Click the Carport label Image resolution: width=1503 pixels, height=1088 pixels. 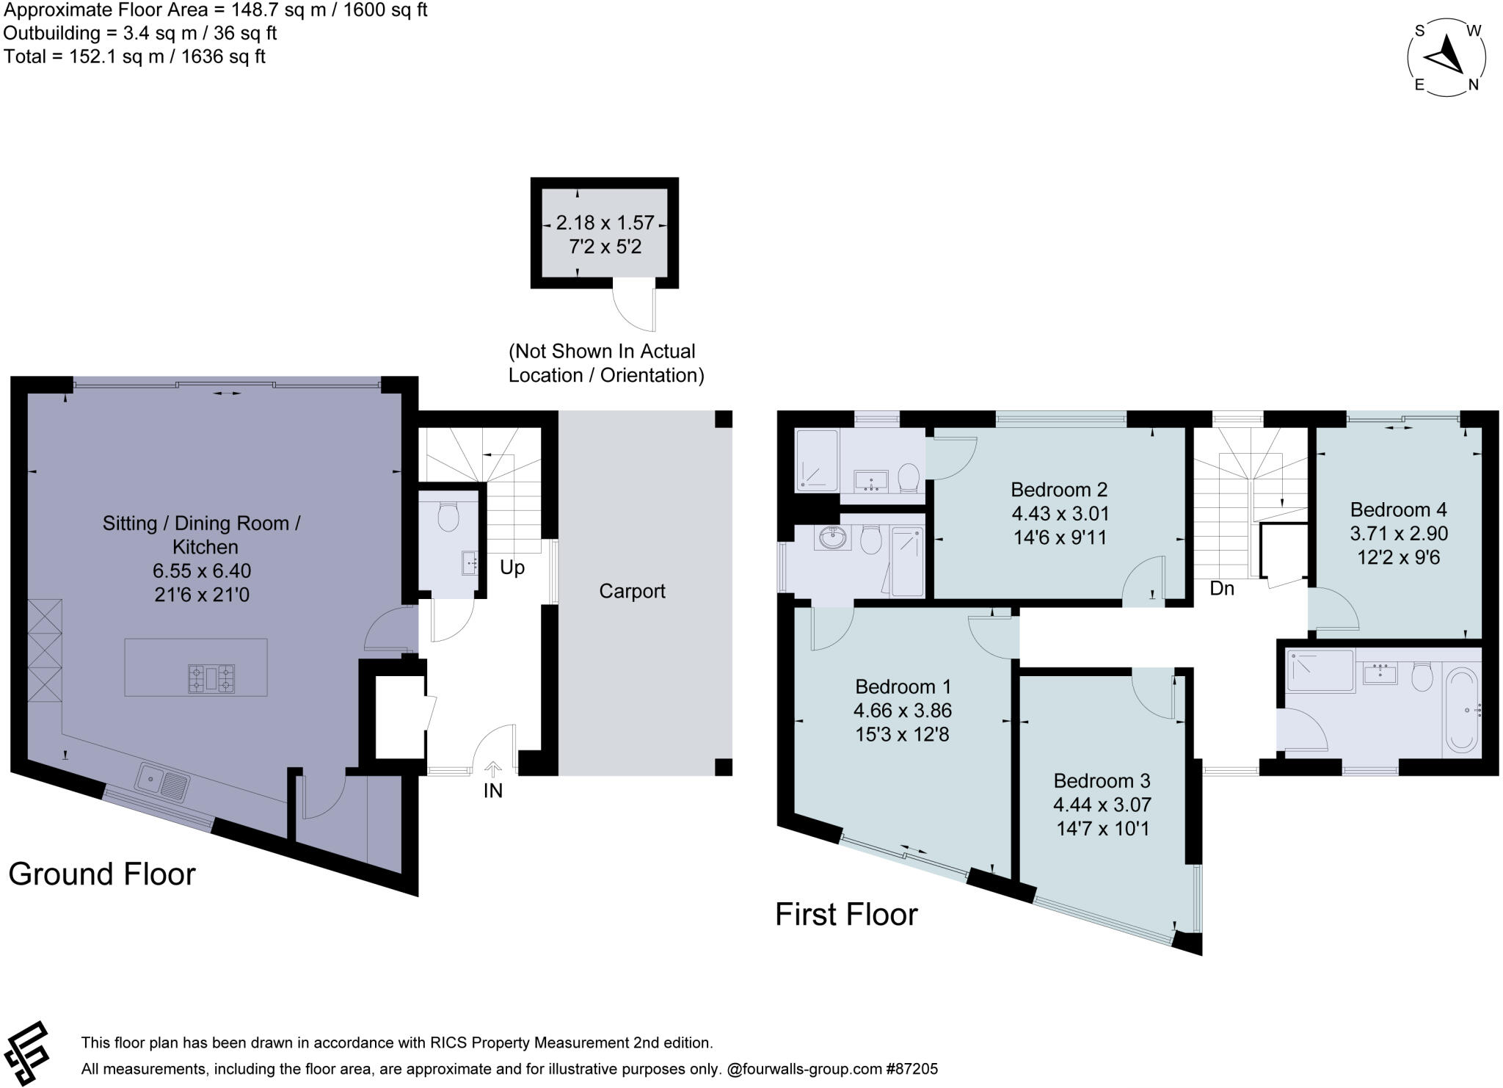(x=632, y=591)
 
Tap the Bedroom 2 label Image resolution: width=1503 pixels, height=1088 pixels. (x=1058, y=490)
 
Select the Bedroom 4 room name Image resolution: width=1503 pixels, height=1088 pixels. (x=1398, y=509)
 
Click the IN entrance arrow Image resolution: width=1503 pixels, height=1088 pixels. (x=493, y=769)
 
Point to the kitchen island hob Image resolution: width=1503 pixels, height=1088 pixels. (x=211, y=678)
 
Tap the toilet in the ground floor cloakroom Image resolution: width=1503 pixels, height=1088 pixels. (x=448, y=516)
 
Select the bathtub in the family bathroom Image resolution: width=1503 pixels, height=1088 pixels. (x=1461, y=710)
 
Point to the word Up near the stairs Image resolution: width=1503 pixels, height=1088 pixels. (x=512, y=567)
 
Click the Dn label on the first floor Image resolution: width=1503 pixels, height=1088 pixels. (x=1222, y=588)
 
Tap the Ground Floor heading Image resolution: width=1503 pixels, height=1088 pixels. (x=102, y=874)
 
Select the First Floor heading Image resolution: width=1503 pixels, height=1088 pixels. (x=846, y=915)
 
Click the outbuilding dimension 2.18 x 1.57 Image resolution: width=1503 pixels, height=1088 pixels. (x=605, y=222)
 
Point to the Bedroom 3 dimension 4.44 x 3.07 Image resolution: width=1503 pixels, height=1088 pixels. (x=1102, y=805)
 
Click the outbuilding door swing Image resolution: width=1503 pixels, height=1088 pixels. (x=634, y=308)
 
